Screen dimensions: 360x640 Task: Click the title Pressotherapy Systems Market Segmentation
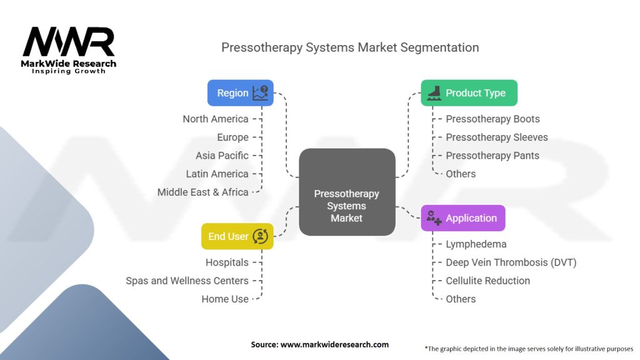click(350, 47)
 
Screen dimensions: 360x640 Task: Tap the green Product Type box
click(469, 93)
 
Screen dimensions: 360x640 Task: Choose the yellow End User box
click(237, 236)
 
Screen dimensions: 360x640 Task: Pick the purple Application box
click(462, 218)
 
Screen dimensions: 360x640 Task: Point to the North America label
click(216, 119)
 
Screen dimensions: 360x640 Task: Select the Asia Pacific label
click(222, 156)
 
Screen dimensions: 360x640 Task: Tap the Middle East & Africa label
click(203, 192)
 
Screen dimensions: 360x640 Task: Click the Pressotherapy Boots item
click(492, 119)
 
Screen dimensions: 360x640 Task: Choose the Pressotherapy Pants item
click(492, 156)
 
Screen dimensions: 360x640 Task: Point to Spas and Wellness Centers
click(187, 281)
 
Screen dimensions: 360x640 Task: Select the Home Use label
click(225, 299)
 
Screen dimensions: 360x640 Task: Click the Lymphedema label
click(476, 244)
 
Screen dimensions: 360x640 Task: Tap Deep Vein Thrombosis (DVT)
click(511, 262)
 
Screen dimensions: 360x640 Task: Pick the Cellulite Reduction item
click(487, 281)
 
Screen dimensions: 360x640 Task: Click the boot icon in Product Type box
click(434, 93)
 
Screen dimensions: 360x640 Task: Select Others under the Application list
click(461, 299)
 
